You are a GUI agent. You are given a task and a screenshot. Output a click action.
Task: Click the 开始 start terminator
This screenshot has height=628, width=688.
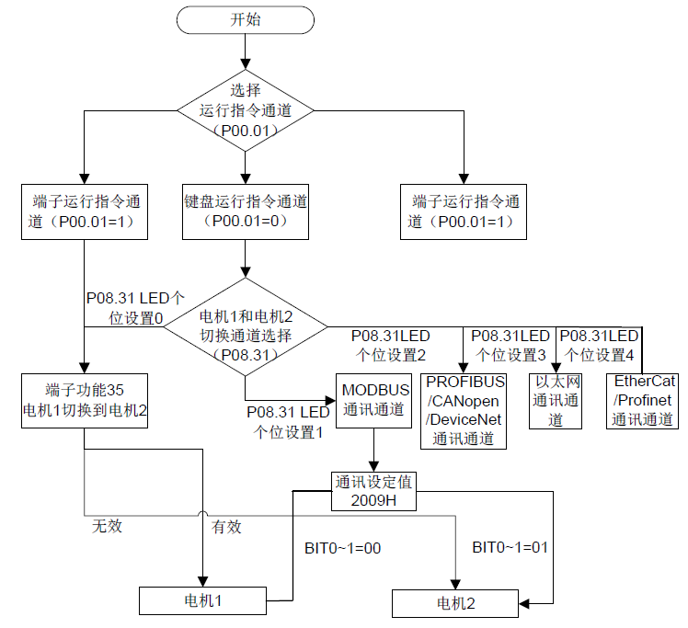[x=246, y=18]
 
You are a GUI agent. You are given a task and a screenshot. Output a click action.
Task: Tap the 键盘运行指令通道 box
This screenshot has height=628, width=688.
[x=246, y=211]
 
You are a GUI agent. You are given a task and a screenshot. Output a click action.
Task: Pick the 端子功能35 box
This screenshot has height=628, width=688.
[x=85, y=400]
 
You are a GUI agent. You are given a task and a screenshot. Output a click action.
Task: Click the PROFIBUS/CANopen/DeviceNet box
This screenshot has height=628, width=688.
[x=464, y=410]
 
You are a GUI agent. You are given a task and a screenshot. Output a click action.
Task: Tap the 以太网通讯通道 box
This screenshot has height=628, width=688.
[x=556, y=401]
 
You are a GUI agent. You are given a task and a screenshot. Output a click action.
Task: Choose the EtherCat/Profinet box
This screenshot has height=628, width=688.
[x=644, y=400]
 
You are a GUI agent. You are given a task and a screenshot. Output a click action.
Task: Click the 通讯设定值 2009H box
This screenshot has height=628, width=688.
[x=374, y=491]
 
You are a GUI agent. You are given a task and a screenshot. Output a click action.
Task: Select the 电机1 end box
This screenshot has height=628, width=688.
[x=202, y=601]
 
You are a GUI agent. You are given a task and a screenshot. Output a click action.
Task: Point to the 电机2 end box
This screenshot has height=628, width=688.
[x=455, y=603]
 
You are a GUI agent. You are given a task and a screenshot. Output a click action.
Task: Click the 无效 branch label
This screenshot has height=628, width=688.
[x=106, y=527]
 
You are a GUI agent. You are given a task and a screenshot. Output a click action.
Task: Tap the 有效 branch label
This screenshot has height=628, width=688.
[x=226, y=527]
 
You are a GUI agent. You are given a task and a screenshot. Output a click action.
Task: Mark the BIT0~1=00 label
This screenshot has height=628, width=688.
[x=342, y=549]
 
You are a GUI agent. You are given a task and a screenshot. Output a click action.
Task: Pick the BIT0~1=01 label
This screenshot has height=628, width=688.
[x=510, y=547]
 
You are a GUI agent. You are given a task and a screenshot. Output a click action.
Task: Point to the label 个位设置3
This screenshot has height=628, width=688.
[x=510, y=353]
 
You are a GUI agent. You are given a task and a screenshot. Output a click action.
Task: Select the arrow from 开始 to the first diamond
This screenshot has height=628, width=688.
[x=246, y=51]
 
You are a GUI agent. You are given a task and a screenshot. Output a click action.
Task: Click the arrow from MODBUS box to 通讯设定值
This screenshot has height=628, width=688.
[x=374, y=450]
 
